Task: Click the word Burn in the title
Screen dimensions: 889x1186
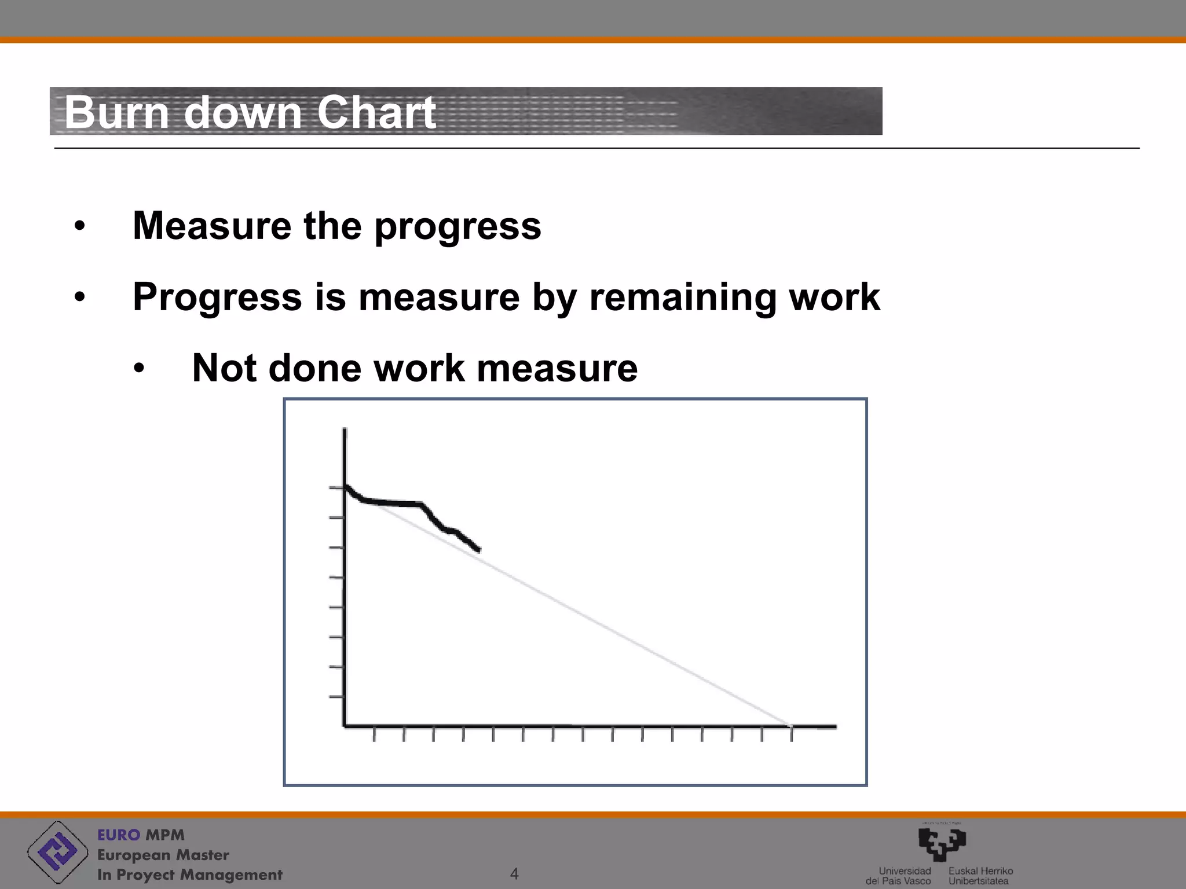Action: click(x=116, y=112)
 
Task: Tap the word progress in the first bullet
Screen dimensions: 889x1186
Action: click(x=457, y=227)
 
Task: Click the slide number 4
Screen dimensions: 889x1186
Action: click(x=514, y=874)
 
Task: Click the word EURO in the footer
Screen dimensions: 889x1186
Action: click(x=118, y=835)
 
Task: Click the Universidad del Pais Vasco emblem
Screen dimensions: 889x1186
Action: click(x=942, y=844)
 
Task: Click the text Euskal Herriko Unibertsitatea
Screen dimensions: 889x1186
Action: click(x=980, y=876)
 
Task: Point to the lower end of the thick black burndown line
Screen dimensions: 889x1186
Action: click(x=478, y=550)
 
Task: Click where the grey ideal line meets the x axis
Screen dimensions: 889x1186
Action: click(x=789, y=725)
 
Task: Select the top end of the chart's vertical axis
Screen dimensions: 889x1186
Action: click(x=345, y=429)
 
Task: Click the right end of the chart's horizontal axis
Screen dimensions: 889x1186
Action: click(x=834, y=726)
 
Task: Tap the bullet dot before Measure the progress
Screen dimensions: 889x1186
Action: click(x=79, y=226)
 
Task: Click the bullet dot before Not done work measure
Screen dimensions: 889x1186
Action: click(x=138, y=369)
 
